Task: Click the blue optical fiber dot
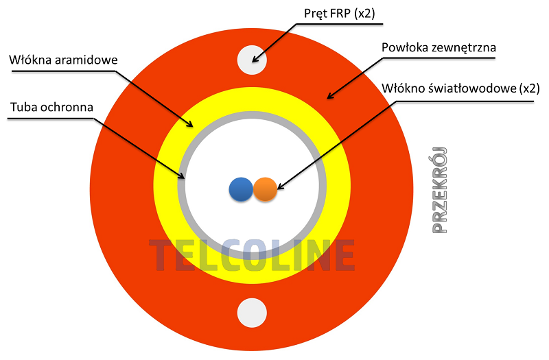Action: point(241,189)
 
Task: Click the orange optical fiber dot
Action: point(265,189)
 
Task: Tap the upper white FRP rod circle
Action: point(252,60)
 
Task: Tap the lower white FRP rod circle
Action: point(252,313)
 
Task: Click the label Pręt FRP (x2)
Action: point(339,13)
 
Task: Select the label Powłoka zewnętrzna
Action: point(439,47)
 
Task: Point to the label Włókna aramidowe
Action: point(63,60)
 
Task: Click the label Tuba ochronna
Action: point(52,107)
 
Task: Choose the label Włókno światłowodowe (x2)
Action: point(460,88)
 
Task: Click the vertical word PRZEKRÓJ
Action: point(440,191)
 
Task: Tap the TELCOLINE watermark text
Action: point(252,255)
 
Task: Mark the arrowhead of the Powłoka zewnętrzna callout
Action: point(329,96)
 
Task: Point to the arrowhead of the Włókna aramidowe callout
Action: point(190,124)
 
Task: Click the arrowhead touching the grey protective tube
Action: point(181,176)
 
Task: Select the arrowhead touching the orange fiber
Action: point(279,187)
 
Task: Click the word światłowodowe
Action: point(472,88)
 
